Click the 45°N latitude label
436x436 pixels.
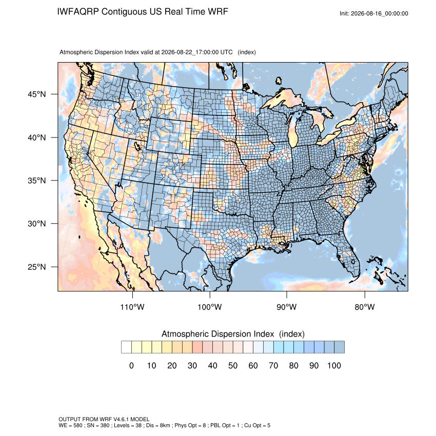pyautogui.click(x=36, y=94)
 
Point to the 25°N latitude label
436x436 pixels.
pyautogui.click(x=36, y=267)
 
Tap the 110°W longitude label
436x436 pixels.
pyautogui.click(x=132, y=307)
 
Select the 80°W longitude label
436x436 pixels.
pyautogui.click(x=365, y=307)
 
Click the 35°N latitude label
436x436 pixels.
pyautogui.click(x=36, y=181)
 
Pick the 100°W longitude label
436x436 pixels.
pyautogui.click(x=210, y=307)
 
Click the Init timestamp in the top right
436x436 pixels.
pyautogui.click(x=374, y=13)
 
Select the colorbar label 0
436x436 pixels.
pyautogui.click(x=131, y=365)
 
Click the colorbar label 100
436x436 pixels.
pyautogui.click(x=334, y=365)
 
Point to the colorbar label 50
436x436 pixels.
pyautogui.click(x=233, y=365)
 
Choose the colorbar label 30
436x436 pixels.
pyautogui.click(x=192, y=365)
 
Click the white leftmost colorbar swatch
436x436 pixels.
pyautogui.click(x=126, y=347)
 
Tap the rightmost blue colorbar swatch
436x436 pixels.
pyautogui.click(x=339, y=347)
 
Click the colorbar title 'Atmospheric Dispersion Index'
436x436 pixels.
pyautogui.click(x=217, y=334)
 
